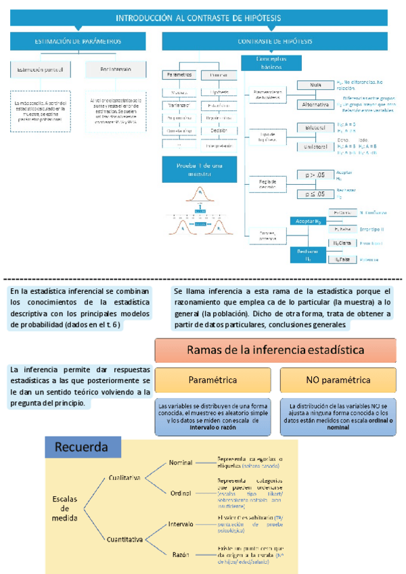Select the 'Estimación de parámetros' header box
point(78,41)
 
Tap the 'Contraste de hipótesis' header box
point(275,41)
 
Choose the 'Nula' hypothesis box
point(315,85)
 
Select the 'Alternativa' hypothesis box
point(315,104)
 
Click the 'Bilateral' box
point(315,127)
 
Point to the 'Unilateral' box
point(315,146)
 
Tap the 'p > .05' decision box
point(315,175)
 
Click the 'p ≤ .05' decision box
point(315,194)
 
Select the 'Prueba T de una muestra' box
point(200,169)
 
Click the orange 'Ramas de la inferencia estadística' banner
point(278,351)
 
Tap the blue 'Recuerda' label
point(82,448)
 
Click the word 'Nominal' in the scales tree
point(181,462)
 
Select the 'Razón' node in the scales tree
point(180,554)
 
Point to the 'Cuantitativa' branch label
point(125,539)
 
